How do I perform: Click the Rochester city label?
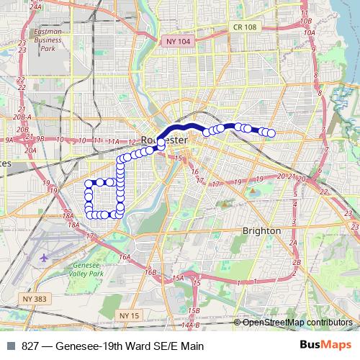(x=165, y=138)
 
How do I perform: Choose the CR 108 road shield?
(x=245, y=27)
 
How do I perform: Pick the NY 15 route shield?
(x=130, y=315)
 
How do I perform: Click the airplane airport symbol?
(x=45, y=256)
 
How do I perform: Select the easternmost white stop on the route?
(x=271, y=132)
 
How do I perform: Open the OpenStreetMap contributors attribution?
(x=296, y=322)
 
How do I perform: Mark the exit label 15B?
(x=193, y=310)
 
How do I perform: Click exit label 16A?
(x=125, y=256)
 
